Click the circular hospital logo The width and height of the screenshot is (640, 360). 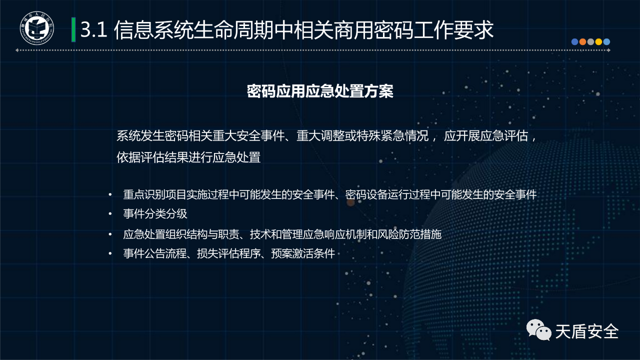[37, 28]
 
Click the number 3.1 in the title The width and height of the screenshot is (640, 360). [93, 29]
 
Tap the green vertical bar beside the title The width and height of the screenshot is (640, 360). [73, 29]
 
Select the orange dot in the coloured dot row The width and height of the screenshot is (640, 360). [582, 42]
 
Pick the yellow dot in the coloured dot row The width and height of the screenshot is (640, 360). [598, 42]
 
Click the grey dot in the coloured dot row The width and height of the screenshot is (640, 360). [590, 42]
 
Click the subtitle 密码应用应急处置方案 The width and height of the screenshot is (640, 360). [320, 91]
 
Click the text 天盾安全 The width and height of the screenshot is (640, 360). [587, 331]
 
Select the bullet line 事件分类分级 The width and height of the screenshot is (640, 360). [155, 213]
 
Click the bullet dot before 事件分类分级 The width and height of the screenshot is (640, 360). [110, 214]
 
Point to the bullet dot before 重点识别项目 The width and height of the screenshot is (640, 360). [110, 195]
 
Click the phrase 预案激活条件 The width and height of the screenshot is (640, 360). [303, 253]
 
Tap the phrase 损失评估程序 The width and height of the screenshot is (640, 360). [229, 253]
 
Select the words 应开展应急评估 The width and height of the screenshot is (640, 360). [486, 135]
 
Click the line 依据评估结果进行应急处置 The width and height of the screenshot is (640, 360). [188, 157]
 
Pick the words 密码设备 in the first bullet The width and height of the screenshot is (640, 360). [366, 195]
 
